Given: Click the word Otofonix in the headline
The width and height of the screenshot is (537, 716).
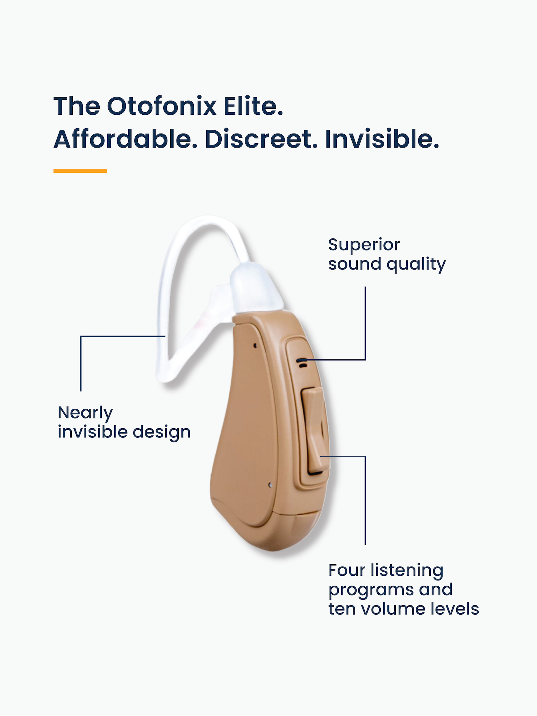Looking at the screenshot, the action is [162, 106].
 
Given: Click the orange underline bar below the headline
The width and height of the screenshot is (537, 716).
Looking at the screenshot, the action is [80, 171].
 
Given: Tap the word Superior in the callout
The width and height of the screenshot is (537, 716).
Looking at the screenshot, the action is [364, 245].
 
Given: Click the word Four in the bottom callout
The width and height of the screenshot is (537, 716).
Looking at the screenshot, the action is [346, 570].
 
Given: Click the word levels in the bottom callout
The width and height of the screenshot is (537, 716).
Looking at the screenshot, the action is [454, 609].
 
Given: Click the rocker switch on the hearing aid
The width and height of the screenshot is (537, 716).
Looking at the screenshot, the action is [314, 431].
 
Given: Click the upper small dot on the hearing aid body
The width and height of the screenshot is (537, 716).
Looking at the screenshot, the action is [255, 345].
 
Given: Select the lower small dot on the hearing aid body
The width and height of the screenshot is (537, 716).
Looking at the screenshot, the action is [270, 485].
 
